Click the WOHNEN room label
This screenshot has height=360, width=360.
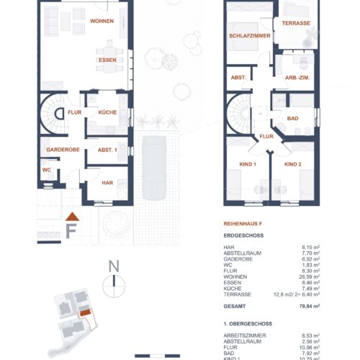click(x=102, y=22)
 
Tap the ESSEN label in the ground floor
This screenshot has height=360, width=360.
click(x=108, y=60)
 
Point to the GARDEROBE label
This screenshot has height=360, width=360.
click(x=62, y=150)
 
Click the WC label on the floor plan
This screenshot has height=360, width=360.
click(x=45, y=170)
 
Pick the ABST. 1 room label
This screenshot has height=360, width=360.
click(x=107, y=150)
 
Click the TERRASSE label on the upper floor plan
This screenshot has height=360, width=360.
click(x=296, y=24)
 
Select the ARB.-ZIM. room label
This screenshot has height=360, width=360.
click(x=297, y=78)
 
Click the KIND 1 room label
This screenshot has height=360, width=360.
click(x=247, y=165)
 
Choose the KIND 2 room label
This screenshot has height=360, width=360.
click(x=292, y=165)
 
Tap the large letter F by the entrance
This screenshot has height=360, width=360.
click(x=71, y=230)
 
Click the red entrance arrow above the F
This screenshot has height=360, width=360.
click(x=71, y=216)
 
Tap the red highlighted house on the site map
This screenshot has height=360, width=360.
click(x=86, y=312)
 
